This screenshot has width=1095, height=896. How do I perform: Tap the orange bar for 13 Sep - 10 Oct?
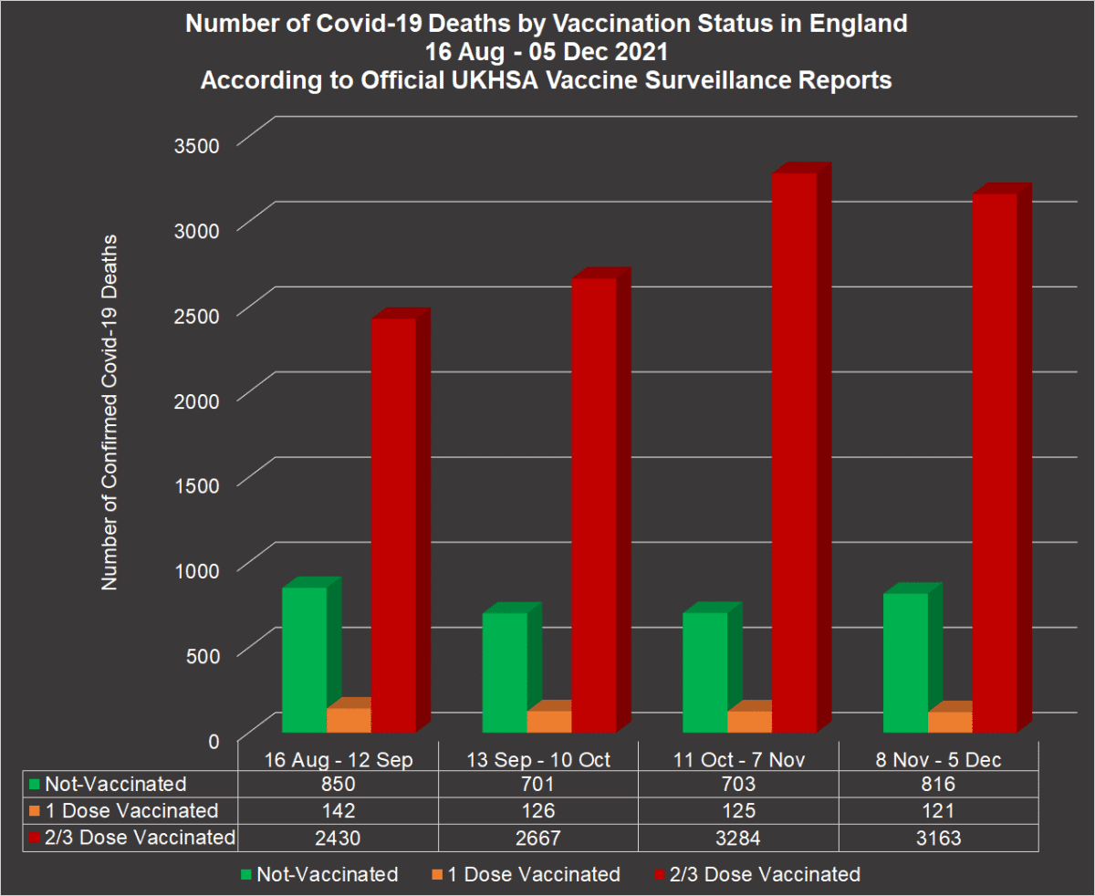pos(549,721)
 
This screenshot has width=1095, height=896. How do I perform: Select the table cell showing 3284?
pos(739,837)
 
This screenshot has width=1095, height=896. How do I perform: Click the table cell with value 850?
pos(338,784)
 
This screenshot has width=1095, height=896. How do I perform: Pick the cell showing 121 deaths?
pos(939,810)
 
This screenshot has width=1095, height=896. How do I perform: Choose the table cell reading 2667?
pos(538,837)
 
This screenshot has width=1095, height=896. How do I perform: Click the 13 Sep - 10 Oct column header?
pos(538,758)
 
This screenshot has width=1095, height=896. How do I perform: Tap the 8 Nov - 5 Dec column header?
pos(939,758)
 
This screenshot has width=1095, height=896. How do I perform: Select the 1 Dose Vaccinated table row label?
pos(131,810)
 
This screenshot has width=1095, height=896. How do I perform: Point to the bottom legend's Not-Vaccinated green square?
pos(245,875)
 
